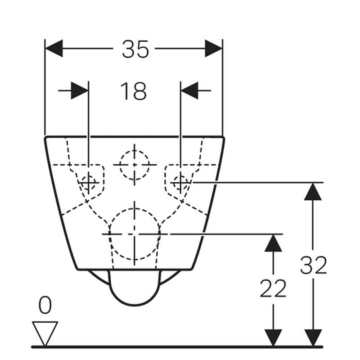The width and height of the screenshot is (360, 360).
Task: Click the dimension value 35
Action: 135,49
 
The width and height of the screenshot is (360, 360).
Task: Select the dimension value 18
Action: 133,91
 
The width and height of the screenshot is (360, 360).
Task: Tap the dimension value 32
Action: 313,265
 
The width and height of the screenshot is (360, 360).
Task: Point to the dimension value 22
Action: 273,288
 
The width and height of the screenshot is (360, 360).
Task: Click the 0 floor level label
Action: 45,305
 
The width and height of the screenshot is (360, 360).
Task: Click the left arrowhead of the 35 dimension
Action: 54,49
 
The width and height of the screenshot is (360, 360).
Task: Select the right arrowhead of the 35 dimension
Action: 213,49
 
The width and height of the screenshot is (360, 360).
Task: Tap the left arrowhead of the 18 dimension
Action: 80,91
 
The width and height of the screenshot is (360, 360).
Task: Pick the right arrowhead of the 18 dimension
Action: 189,91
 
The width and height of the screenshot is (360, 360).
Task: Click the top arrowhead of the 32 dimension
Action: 313,192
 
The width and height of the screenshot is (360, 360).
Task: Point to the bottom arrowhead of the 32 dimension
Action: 313,337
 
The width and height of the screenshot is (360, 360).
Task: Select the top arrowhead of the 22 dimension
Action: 273,243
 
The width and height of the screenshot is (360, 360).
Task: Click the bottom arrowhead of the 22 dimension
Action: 273,337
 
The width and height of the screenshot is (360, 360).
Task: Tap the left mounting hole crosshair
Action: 89,183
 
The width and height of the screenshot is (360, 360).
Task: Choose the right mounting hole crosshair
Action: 180,183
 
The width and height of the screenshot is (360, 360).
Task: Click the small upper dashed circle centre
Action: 135,165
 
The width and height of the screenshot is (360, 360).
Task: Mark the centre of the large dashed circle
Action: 135,234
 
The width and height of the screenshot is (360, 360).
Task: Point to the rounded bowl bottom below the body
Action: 135,306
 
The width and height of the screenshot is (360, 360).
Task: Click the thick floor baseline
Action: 177,347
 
